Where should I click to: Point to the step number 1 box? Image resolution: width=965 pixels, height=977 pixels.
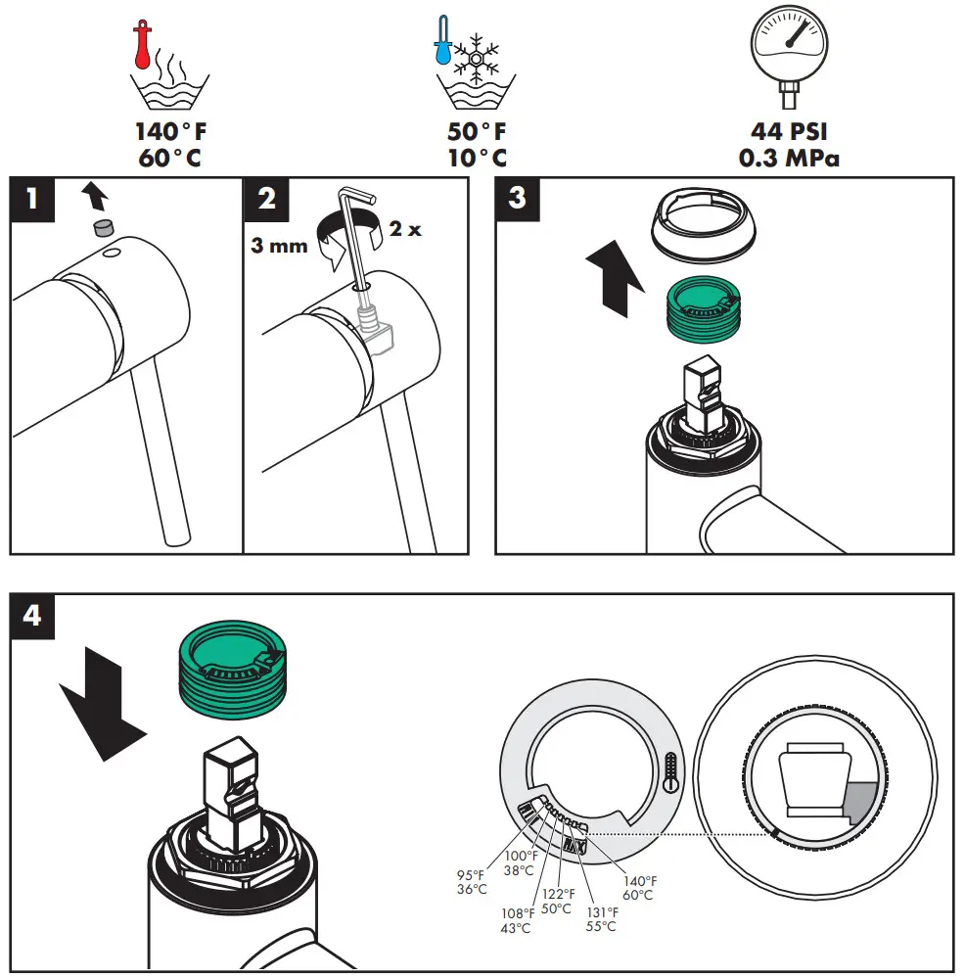pyautogui.click(x=32, y=199)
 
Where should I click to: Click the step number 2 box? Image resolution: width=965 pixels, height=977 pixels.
pyautogui.click(x=265, y=199)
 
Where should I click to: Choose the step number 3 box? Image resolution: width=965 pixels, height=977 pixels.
pyautogui.click(x=518, y=199)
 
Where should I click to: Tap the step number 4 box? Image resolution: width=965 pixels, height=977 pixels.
pyautogui.click(x=32, y=616)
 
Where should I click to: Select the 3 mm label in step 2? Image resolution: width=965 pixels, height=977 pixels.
pyautogui.click(x=279, y=245)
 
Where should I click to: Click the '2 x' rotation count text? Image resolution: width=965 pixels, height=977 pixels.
pyautogui.click(x=404, y=230)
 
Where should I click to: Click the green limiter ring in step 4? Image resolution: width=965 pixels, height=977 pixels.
pyautogui.click(x=232, y=672)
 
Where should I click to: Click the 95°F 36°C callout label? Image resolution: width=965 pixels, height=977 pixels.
pyautogui.click(x=471, y=882)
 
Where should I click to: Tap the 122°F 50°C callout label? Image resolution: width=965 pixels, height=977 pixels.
pyautogui.click(x=557, y=901)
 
